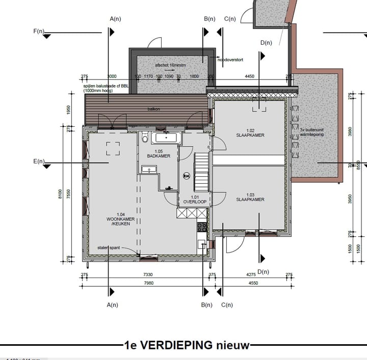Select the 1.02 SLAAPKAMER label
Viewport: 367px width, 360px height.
pyautogui.click(x=249, y=133)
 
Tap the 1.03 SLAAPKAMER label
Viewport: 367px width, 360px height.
pyautogui.click(x=250, y=198)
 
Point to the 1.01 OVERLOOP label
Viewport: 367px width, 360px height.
pyautogui.click(x=195, y=200)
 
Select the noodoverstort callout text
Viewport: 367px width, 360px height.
pyautogui.click(x=230, y=60)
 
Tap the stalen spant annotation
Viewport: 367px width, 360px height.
pyautogui.click(x=109, y=248)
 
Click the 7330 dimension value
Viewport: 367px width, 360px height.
pyautogui.click(x=148, y=275)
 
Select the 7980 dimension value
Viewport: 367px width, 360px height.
pyautogui.click(x=148, y=283)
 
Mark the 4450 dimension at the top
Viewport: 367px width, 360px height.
pyautogui.click(x=249, y=77)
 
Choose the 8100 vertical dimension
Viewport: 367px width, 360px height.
pyautogui.click(x=60, y=194)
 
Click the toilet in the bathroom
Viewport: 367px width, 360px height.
pyautogui.click(x=145, y=137)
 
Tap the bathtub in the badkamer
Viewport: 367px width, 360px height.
pyautogui.click(x=166, y=137)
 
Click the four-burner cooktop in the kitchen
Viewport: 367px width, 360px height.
pyautogui.click(x=202, y=227)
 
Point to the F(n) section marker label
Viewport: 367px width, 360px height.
pyautogui.click(x=39, y=32)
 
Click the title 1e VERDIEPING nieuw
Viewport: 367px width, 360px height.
pyautogui.click(x=188, y=345)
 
